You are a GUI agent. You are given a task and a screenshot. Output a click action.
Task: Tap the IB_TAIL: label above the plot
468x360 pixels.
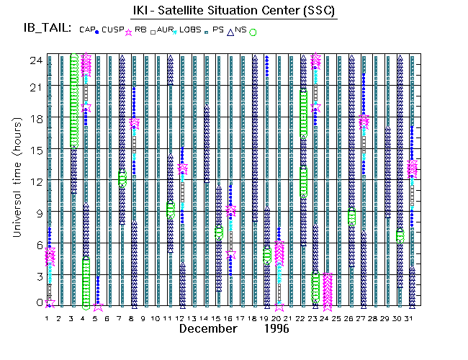(x=47, y=28)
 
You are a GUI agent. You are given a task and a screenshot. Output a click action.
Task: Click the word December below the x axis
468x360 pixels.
(x=208, y=328)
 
